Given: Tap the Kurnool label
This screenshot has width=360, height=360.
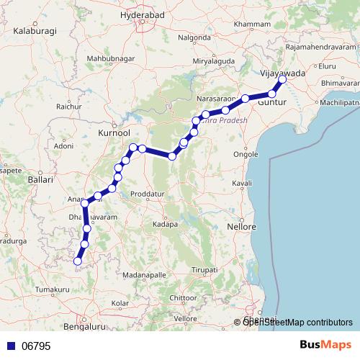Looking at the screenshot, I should coord(113,134).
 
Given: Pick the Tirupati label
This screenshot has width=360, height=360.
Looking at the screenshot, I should coord(205,269).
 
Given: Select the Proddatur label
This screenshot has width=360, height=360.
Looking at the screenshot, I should coord(150,195).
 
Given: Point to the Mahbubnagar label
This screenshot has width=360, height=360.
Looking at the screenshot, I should coord(111,58).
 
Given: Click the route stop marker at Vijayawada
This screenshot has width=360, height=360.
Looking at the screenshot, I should coord(282,80).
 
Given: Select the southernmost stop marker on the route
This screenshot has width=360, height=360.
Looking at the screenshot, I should coord(77,261).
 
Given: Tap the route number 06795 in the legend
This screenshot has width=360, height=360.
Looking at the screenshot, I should coord(35,346).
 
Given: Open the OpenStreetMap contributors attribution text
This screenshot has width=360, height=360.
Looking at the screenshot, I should coord(297,322).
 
